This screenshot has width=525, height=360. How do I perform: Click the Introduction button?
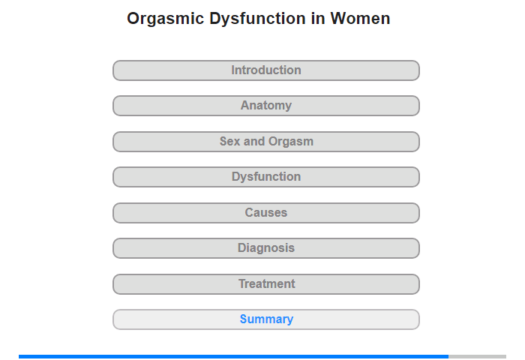pyautogui.click(x=266, y=70)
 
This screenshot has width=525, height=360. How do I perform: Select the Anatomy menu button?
pyautogui.click(x=266, y=106)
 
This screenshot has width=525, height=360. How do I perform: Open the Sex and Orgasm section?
pyautogui.click(x=266, y=142)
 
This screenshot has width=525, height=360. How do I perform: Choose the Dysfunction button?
pyautogui.click(x=266, y=177)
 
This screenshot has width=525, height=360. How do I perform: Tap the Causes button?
pyautogui.click(x=266, y=213)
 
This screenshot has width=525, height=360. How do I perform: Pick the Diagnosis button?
pyautogui.click(x=266, y=248)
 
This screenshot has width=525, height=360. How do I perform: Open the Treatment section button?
pyautogui.click(x=266, y=284)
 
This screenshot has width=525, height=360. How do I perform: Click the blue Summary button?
pyautogui.click(x=266, y=319)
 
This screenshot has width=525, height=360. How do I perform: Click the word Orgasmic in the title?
pyautogui.click(x=166, y=19)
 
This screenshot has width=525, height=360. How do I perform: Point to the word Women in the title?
pyautogui.click(x=360, y=19)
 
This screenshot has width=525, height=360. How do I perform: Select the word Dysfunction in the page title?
pyautogui.click(x=257, y=19)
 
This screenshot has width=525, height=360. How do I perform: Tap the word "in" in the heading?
pyautogui.click(x=318, y=19)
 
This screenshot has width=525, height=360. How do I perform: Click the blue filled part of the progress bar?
pyautogui.click(x=234, y=357)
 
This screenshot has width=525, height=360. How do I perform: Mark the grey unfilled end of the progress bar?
pyautogui.click(x=478, y=357)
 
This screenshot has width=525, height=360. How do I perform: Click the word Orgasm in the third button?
pyautogui.click(x=291, y=142)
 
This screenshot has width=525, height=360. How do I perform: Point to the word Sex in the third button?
pyautogui.click(x=230, y=141)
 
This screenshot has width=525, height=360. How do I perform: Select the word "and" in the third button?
pyautogui.click(x=254, y=141)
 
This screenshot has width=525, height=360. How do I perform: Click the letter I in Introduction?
pyautogui.click(x=233, y=70)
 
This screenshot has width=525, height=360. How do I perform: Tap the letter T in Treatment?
pyautogui.click(x=242, y=283)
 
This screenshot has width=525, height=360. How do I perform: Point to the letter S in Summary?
pyautogui.click(x=244, y=319)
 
